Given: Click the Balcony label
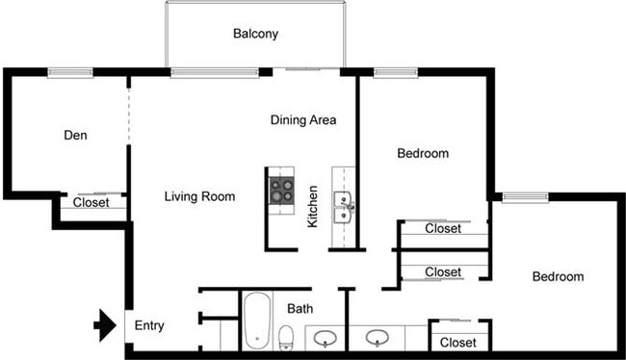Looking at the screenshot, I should (x=255, y=34).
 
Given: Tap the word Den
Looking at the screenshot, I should (x=75, y=136).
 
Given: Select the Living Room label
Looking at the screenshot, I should (x=199, y=197).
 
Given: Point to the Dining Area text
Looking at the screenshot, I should (x=302, y=119).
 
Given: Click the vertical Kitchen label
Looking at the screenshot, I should (x=312, y=207).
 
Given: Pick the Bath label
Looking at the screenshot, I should (x=300, y=308).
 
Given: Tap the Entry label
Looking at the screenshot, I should (x=149, y=325).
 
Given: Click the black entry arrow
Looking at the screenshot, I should (x=103, y=325).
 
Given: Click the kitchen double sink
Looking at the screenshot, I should (x=344, y=205).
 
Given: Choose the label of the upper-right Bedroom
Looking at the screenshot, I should (x=423, y=153).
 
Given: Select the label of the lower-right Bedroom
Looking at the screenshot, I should (x=558, y=276).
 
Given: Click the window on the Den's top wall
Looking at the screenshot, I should (x=70, y=71).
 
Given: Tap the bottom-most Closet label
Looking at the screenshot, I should (x=457, y=342).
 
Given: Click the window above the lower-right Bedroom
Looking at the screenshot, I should (x=526, y=197).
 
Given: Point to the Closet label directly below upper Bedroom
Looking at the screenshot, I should (x=443, y=229).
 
